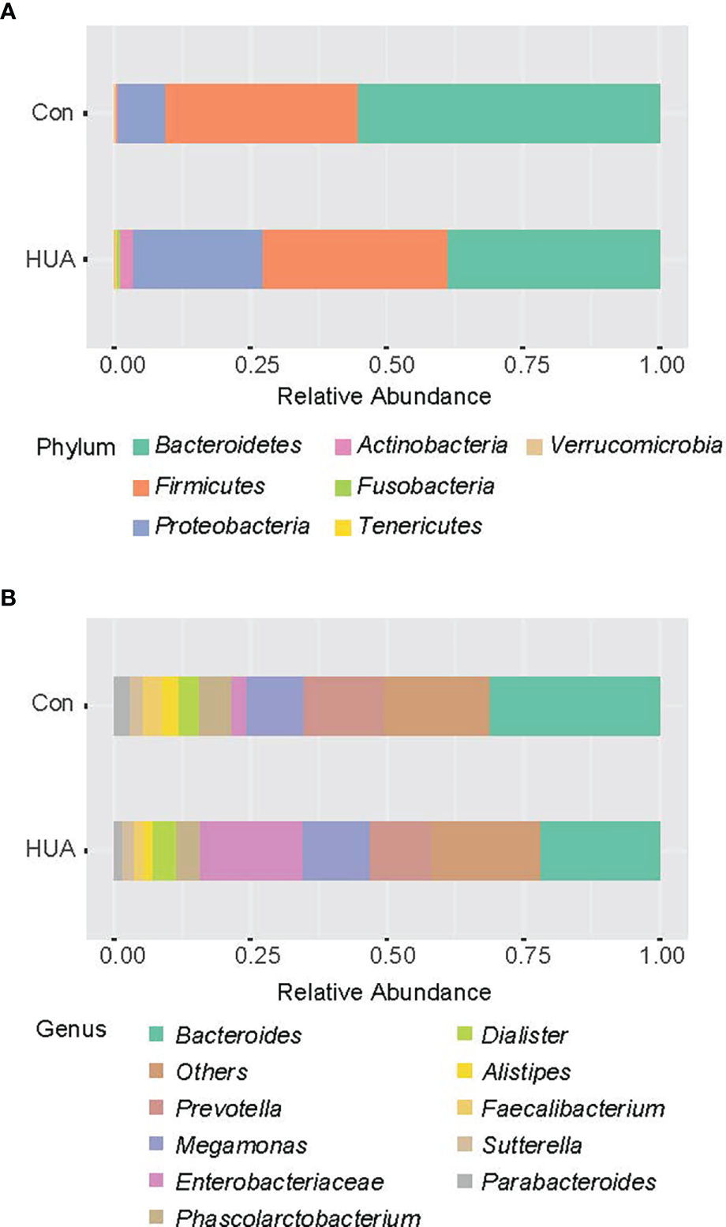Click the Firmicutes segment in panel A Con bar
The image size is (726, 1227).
[260, 113]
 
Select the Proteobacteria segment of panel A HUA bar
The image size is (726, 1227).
[197, 259]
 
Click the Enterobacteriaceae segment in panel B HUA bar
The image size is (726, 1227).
[251, 850]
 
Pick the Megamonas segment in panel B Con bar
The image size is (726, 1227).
[275, 706]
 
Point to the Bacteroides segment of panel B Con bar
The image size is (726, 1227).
[574, 706]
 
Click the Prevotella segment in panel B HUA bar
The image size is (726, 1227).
[400, 850]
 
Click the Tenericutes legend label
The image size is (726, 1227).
[419, 526]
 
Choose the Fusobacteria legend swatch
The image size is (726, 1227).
[342, 487]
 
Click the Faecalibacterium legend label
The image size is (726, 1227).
[573, 1109]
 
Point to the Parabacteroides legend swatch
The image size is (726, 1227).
[465, 1182]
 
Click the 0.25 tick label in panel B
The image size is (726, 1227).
[257, 955]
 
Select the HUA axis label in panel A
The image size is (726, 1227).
[51, 259]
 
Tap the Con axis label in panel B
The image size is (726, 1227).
[52, 704]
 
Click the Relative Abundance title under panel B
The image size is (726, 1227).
[384, 992]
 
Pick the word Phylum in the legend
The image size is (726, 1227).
[76, 447]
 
